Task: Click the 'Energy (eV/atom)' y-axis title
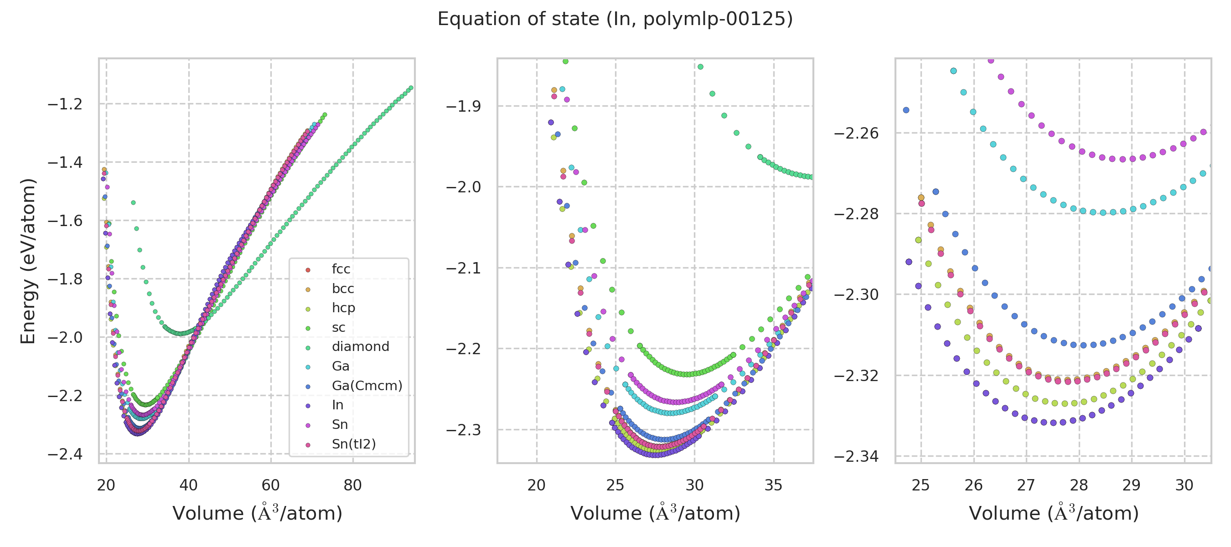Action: pos(28,261)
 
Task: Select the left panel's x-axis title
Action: pos(257,514)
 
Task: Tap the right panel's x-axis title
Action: pos(1053,514)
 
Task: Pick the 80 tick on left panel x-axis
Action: pos(353,485)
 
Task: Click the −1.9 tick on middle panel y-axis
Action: pos(463,106)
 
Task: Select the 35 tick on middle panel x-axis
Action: pos(773,485)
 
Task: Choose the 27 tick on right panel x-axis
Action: pos(1026,485)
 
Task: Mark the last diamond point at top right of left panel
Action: pos(411,88)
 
